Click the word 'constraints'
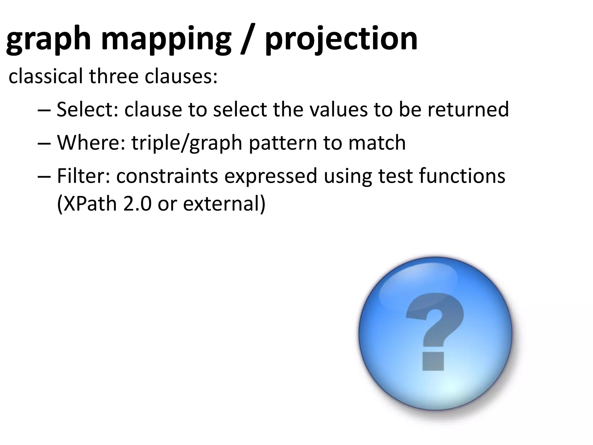(167, 176)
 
